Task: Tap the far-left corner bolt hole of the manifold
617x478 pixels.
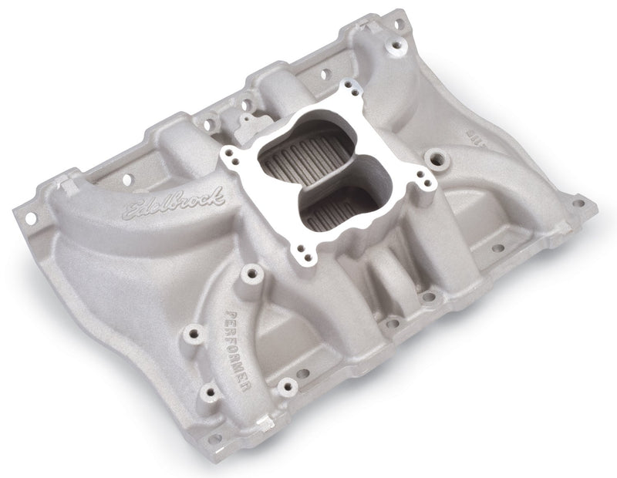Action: [x=31, y=218]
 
